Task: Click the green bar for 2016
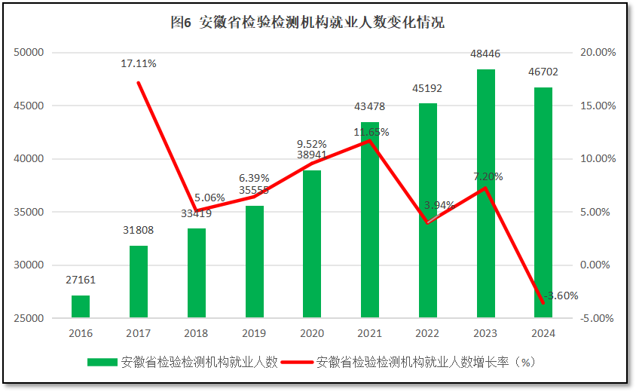81,307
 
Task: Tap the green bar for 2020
312,244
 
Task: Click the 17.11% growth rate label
139,64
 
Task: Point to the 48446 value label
486,54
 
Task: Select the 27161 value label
81,280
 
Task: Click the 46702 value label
543,72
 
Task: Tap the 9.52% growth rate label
312,144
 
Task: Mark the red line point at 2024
543,303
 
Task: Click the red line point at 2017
139,82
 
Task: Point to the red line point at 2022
428,222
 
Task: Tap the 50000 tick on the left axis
31,53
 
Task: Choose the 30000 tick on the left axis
31,265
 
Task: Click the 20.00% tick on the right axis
598,53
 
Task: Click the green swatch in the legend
102,362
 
